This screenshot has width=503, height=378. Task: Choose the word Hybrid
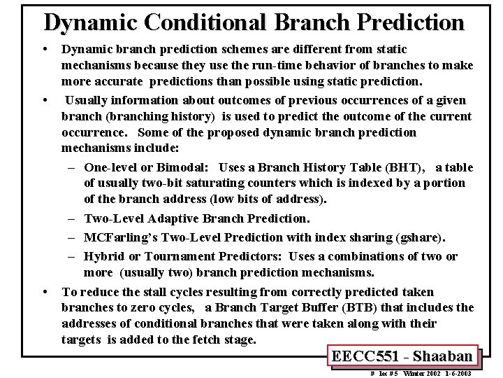(102, 256)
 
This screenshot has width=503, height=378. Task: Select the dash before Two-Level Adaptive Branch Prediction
(73, 219)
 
